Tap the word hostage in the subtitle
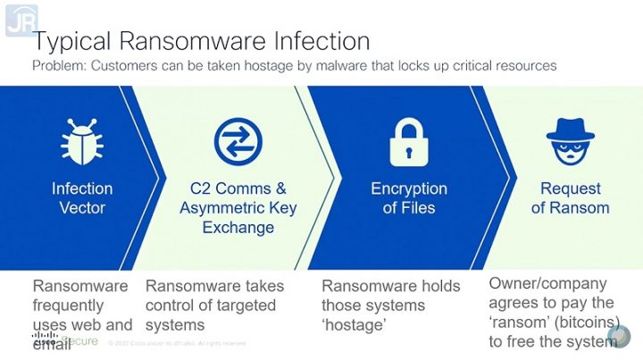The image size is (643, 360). pos(301,66)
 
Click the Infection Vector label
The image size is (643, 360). pos(82,198)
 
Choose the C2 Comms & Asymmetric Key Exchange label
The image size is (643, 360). pos(238,208)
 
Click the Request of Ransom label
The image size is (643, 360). pos(570,198)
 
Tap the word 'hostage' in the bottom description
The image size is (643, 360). pos(353,325)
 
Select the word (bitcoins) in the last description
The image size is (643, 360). pos(589,322)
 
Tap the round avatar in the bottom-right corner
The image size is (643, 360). pos(618,337)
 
